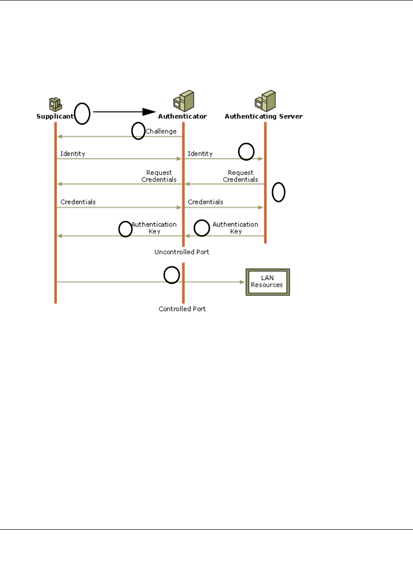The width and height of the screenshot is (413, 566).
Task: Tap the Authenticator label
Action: click(x=182, y=116)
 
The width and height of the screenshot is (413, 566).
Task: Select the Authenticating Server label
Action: click(x=263, y=116)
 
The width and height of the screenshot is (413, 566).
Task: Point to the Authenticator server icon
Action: click(x=183, y=101)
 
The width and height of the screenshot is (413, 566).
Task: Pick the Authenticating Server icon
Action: click(x=265, y=101)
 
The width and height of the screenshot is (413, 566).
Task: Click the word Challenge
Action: click(x=161, y=131)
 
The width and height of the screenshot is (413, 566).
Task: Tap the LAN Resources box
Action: click(x=267, y=282)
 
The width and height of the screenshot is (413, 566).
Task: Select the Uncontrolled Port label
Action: click(x=182, y=251)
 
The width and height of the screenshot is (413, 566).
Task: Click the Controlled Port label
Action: click(x=182, y=309)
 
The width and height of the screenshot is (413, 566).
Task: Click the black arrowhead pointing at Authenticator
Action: click(x=150, y=111)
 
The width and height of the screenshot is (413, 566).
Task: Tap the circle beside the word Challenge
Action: click(x=138, y=131)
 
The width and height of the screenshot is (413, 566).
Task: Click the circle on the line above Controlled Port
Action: click(x=172, y=275)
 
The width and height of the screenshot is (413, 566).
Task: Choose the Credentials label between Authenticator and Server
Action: click(x=205, y=202)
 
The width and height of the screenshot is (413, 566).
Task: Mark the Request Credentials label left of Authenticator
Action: click(x=159, y=176)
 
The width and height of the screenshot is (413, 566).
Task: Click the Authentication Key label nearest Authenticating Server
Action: click(x=235, y=228)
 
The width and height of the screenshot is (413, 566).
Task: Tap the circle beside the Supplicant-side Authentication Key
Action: click(x=126, y=229)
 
